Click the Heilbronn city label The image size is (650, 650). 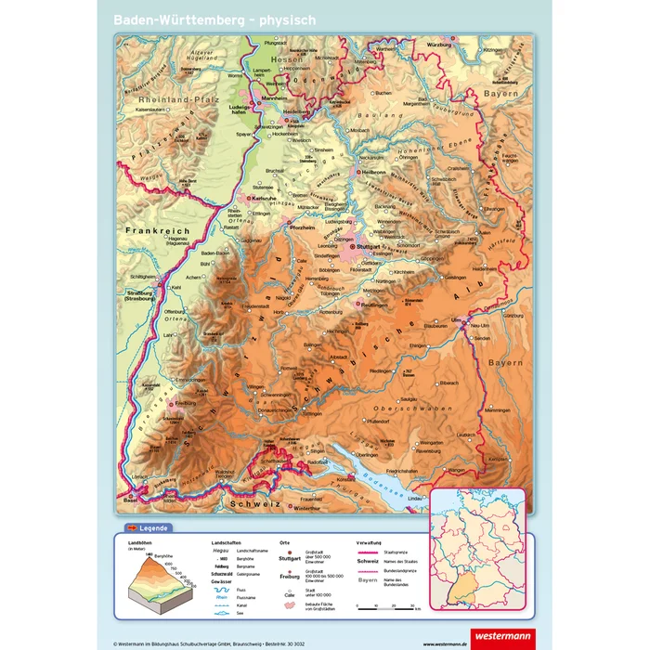pos(373,172)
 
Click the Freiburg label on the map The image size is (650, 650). pos(190,404)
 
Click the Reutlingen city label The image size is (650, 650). pos(374,305)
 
